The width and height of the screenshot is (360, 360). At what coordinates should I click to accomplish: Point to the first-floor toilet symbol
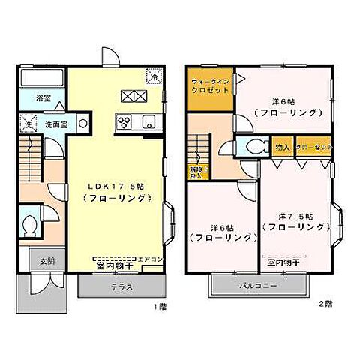(30, 226)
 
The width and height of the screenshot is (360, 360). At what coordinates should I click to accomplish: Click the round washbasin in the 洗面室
(82, 122)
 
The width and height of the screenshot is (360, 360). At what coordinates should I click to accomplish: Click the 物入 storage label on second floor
(283, 148)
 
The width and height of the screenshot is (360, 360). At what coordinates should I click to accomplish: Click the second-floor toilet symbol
(250, 148)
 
